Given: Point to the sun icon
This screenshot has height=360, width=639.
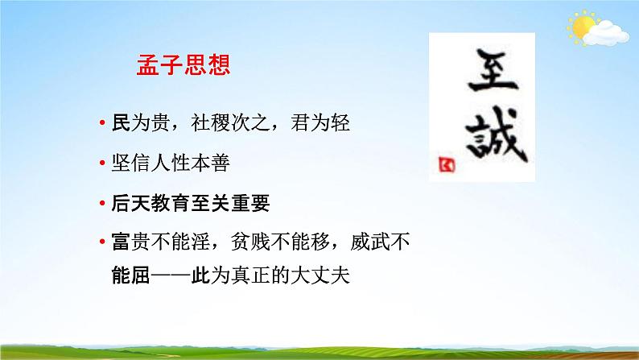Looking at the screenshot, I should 581,24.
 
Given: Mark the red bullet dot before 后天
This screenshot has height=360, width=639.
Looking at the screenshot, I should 102,204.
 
